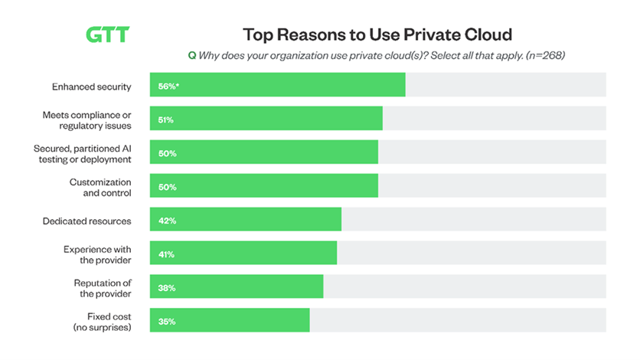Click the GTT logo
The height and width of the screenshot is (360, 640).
(107, 35)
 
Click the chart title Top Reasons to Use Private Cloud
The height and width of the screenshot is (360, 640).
(377, 34)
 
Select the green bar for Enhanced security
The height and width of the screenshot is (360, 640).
(277, 85)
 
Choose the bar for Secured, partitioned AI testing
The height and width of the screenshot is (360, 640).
(263, 152)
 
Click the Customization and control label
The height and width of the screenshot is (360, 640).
(100, 187)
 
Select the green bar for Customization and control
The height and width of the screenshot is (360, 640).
(263, 186)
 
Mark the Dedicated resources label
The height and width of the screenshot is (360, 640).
(87, 221)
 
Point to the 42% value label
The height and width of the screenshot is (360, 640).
(167, 221)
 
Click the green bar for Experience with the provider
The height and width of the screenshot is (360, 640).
(243, 254)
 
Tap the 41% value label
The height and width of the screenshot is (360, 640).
(167, 254)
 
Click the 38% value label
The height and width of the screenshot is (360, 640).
(167, 288)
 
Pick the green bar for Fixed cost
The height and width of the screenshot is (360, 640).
(229, 321)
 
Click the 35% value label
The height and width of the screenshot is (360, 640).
(167, 322)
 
